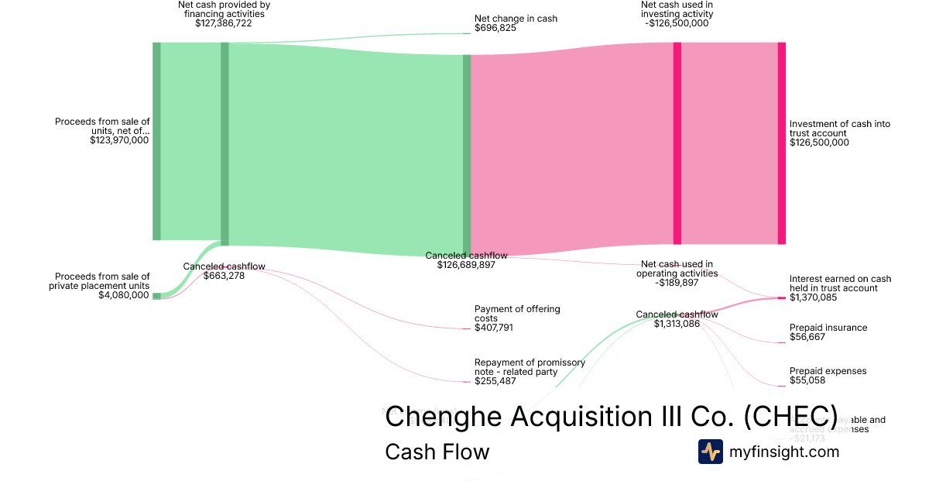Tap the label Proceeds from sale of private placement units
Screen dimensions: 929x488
coord(102,281)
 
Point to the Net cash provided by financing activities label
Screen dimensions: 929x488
coord(224,9)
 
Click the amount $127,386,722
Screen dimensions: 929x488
coord(224,23)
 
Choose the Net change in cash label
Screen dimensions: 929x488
coord(516,19)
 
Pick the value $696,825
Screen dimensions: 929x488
coord(495,28)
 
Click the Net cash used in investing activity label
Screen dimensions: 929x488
coord(677,9)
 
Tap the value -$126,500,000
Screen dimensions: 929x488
coord(677,23)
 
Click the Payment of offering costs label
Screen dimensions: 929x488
coord(517,314)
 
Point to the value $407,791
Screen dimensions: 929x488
coord(494,328)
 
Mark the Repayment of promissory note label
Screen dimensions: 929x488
coord(530,367)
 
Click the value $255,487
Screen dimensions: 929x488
coord(495,381)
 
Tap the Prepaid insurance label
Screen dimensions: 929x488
coord(828,328)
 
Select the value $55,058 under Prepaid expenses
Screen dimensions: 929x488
coord(808,381)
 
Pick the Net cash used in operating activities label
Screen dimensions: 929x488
coord(677,269)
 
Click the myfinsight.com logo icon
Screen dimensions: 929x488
coord(711,452)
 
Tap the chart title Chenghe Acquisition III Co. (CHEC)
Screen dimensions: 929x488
coord(611,416)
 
